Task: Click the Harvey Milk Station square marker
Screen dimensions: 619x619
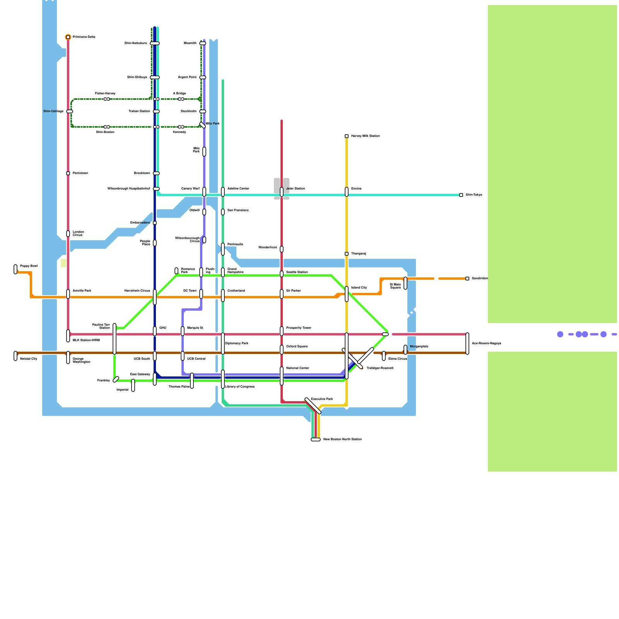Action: [x=347, y=136]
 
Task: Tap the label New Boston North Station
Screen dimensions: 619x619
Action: [x=342, y=439]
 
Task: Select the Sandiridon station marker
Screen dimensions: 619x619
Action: [x=467, y=279]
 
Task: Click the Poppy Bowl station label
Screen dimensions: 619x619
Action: [x=29, y=266]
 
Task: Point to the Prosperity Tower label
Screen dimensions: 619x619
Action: [x=299, y=328]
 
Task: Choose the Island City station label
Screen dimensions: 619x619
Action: [x=359, y=287]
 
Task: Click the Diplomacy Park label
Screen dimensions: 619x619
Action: [x=237, y=343]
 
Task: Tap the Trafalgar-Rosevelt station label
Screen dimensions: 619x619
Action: [x=380, y=368]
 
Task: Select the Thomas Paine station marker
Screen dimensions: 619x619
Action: [x=192, y=381]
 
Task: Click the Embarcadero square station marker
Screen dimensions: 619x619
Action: [x=155, y=223]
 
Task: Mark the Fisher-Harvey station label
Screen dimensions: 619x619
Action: [x=105, y=93]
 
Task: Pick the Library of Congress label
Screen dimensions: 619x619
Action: [x=240, y=386]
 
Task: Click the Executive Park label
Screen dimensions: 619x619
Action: [x=322, y=399]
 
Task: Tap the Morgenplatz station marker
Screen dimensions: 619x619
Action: [x=405, y=350]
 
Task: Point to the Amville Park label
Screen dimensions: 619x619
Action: [x=82, y=291]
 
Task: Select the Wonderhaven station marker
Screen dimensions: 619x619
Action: [x=282, y=249]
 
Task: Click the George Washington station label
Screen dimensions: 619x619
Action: [x=81, y=360]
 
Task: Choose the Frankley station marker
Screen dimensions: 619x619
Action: [x=116, y=380]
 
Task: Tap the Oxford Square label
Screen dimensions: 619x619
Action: [x=297, y=346]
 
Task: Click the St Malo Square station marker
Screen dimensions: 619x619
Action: [x=405, y=283]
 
